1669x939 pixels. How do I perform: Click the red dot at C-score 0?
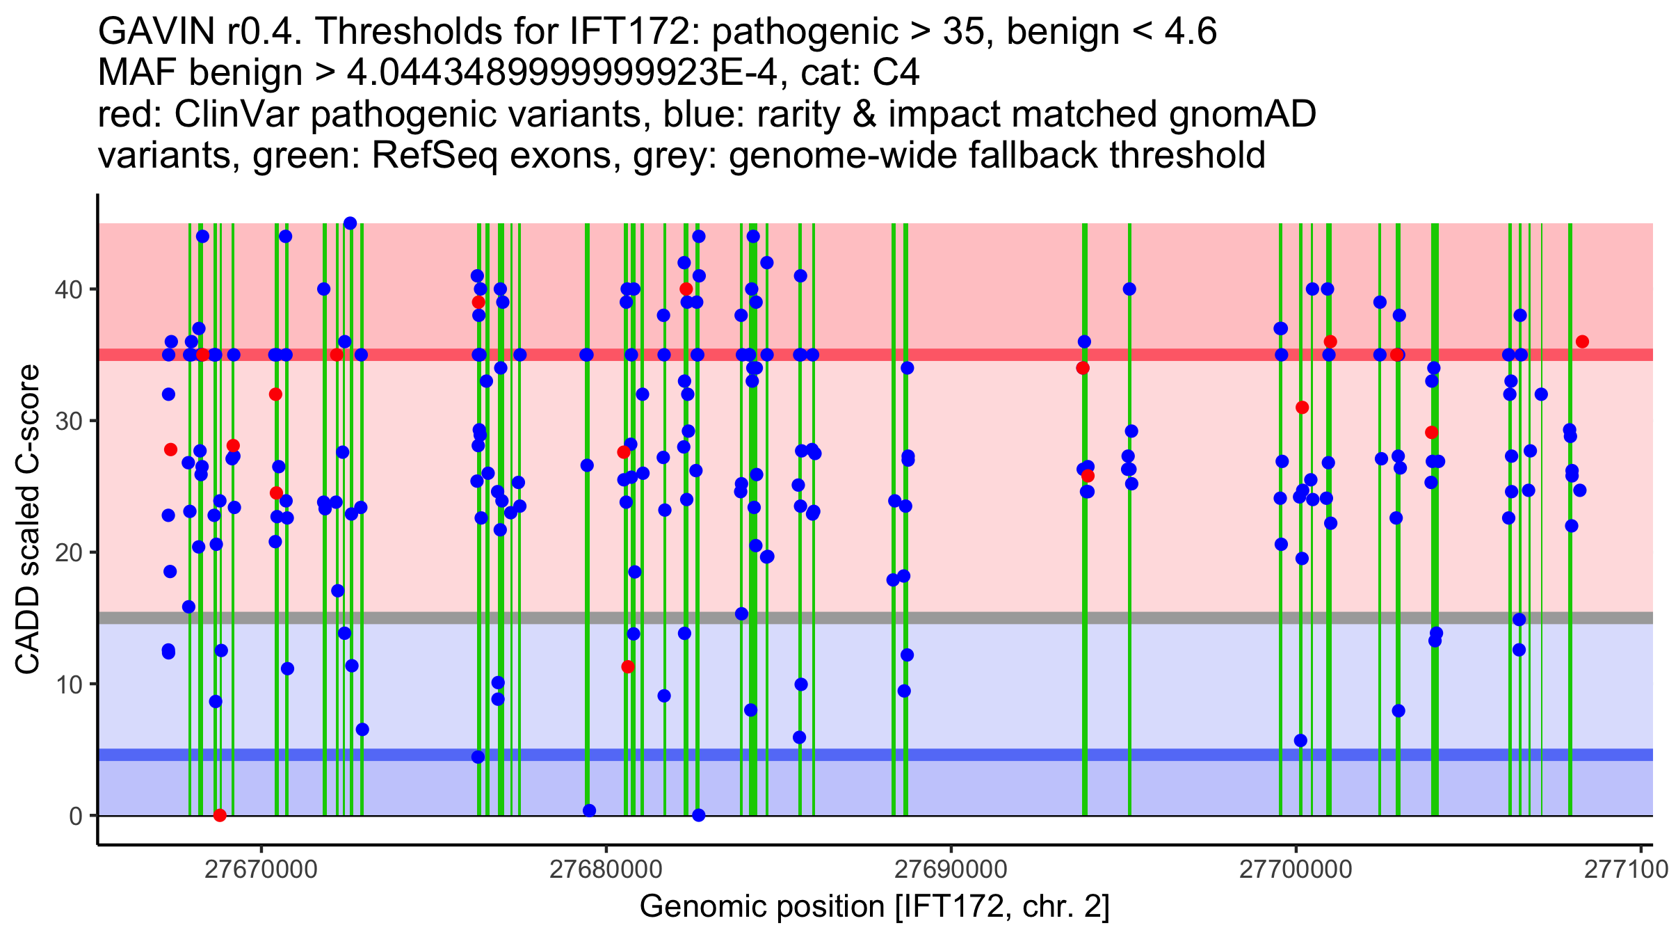pyautogui.click(x=220, y=815)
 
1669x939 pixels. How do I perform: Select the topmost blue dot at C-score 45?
pyautogui.click(x=350, y=223)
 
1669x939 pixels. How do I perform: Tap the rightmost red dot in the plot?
pyautogui.click(x=1582, y=342)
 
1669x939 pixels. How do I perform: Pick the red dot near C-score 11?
pyautogui.click(x=628, y=666)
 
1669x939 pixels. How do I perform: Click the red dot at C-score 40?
pyautogui.click(x=686, y=289)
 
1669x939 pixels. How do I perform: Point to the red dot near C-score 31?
pyautogui.click(x=1303, y=408)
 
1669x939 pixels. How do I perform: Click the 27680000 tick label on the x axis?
pyautogui.click(x=606, y=869)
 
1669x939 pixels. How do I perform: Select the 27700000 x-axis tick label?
pyautogui.click(x=1296, y=869)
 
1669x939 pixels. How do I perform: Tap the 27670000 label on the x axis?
pyautogui.click(x=261, y=869)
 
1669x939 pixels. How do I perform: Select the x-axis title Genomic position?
pyautogui.click(x=874, y=907)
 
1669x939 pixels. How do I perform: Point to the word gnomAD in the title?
pyautogui.click(x=1242, y=114)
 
